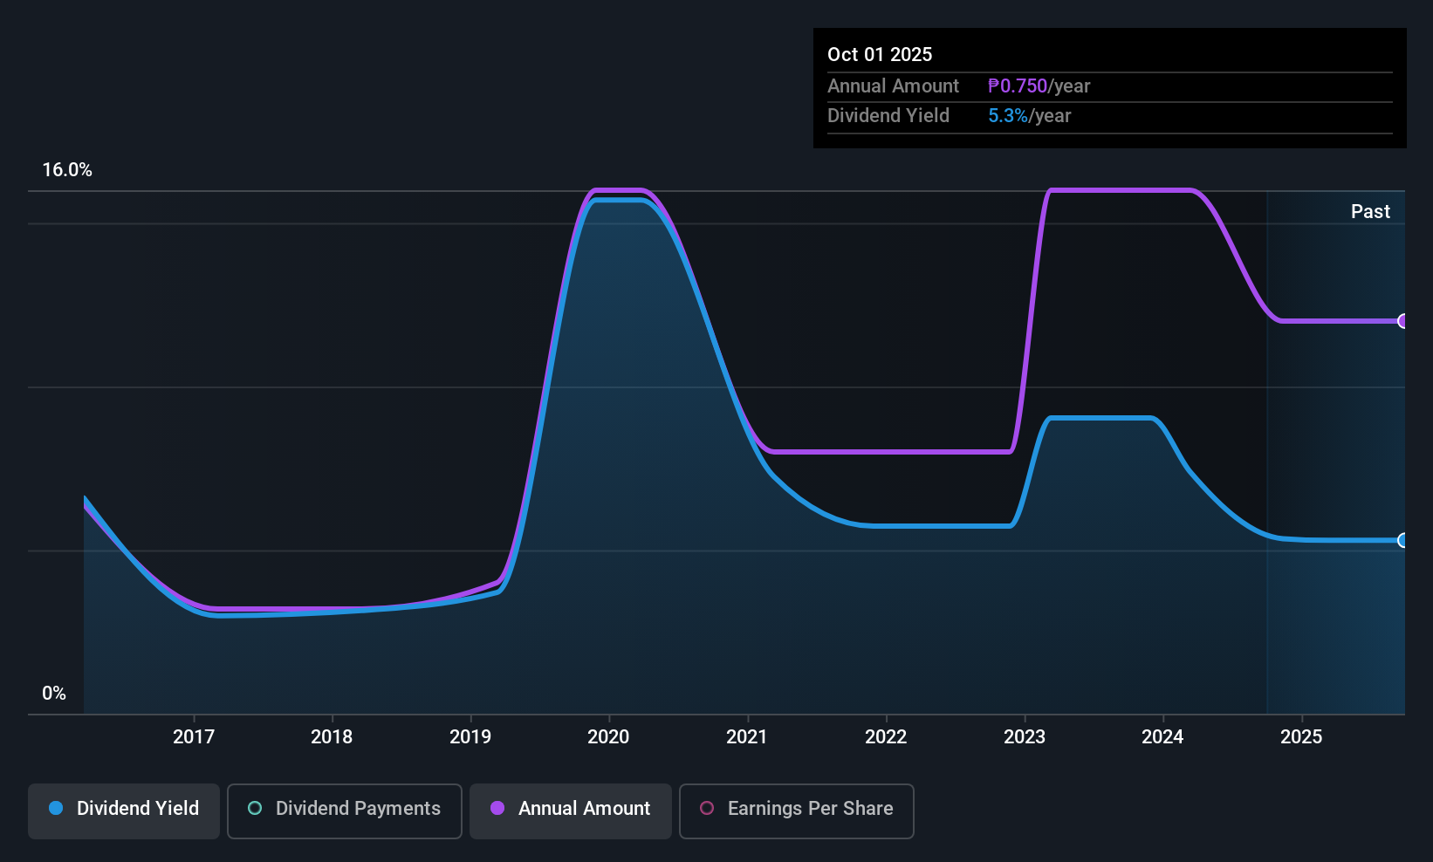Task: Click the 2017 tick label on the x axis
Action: (194, 736)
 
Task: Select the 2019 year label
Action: (470, 736)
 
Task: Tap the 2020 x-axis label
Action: (608, 736)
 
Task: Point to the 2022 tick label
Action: (886, 736)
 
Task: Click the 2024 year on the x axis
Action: (1162, 736)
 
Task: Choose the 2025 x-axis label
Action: (1301, 736)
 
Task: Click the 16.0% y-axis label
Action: (67, 170)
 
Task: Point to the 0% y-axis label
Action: (54, 694)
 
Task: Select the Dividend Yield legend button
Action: (124, 809)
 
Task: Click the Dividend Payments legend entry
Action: (345, 809)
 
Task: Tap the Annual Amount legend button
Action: (571, 809)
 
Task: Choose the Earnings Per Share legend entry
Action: (797, 809)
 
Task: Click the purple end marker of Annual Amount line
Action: (1402, 321)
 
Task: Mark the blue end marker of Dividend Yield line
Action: (1402, 540)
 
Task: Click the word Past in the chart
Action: (1370, 211)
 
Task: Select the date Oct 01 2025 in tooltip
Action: (880, 54)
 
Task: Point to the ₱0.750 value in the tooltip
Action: (1018, 86)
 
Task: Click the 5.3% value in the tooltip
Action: (1008, 116)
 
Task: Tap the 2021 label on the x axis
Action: (747, 736)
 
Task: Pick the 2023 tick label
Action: (1025, 736)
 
